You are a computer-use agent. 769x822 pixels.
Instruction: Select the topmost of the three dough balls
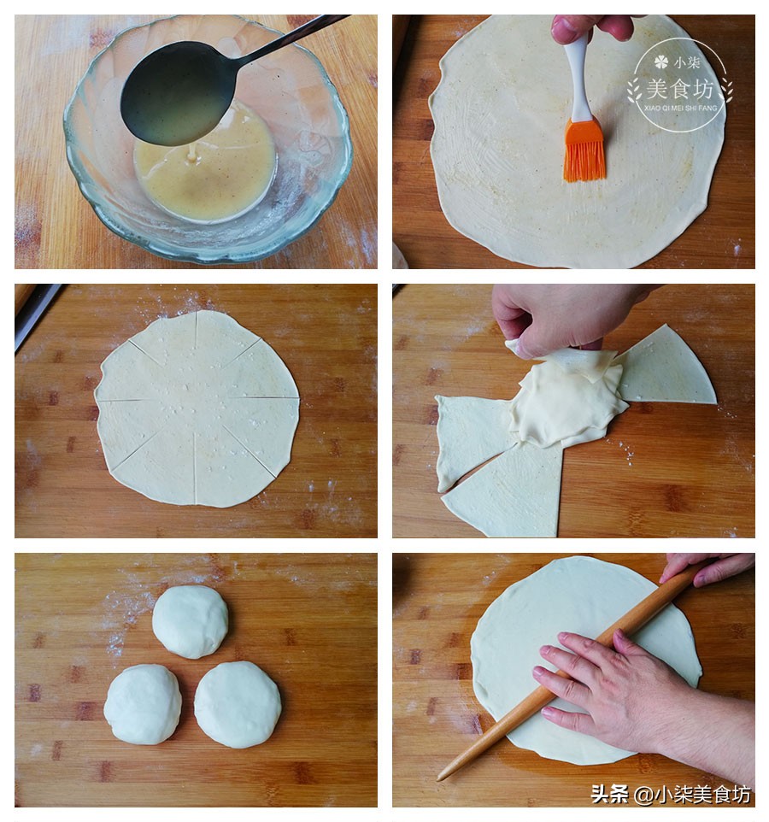pyautogui.click(x=191, y=621)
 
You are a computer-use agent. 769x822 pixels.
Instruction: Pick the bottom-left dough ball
pyautogui.click(x=143, y=704)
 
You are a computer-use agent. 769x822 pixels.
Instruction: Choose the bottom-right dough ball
pyautogui.click(x=238, y=704)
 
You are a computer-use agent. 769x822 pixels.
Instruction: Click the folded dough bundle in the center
pyautogui.click(x=567, y=398)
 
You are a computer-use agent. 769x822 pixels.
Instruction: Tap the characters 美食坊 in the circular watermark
pyautogui.click(x=680, y=90)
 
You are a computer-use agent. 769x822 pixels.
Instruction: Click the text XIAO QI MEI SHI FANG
pyautogui.click(x=680, y=108)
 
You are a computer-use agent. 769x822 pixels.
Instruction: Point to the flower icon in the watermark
pyautogui.click(x=661, y=62)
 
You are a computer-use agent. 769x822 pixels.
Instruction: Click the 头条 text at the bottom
pyautogui.click(x=609, y=794)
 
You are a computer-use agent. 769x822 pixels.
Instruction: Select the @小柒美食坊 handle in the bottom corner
pyautogui.click(x=692, y=795)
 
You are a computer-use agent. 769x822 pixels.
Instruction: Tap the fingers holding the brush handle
pyautogui.click(x=592, y=27)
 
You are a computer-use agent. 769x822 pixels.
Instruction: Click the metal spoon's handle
pyautogui.click(x=291, y=38)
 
